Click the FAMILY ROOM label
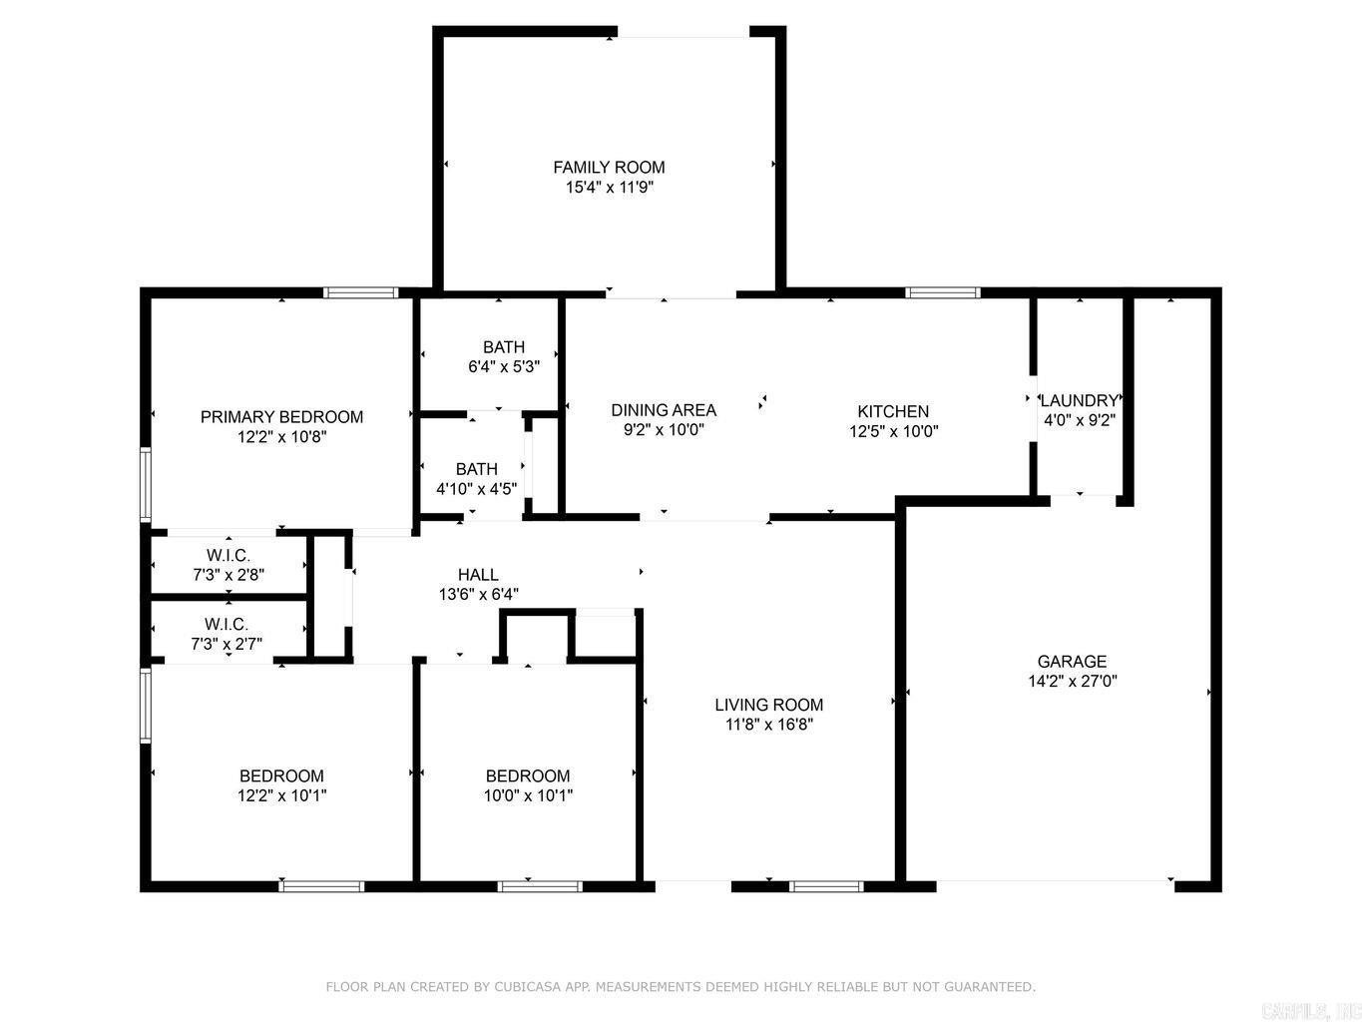609,167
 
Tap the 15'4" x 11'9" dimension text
609,187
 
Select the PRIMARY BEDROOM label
281,416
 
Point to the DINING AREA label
664,410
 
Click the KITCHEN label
893,411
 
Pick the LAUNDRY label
1079,401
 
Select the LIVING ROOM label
768,705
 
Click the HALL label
478,574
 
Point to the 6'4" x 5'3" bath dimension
504,366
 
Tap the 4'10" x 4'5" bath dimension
476,489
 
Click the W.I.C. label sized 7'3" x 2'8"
228,555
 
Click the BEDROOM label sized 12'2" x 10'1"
281,775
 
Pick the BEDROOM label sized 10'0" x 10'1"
528,775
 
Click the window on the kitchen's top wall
943,292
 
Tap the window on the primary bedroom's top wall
360,292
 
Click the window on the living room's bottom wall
826,885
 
